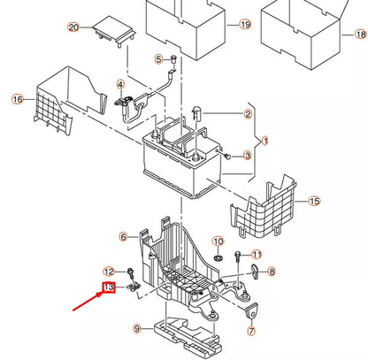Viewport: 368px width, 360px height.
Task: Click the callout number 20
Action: click(x=73, y=27)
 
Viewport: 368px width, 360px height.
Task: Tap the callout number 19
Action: click(x=245, y=26)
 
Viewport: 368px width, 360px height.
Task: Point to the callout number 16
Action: click(x=17, y=100)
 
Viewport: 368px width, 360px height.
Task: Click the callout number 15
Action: click(x=160, y=59)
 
